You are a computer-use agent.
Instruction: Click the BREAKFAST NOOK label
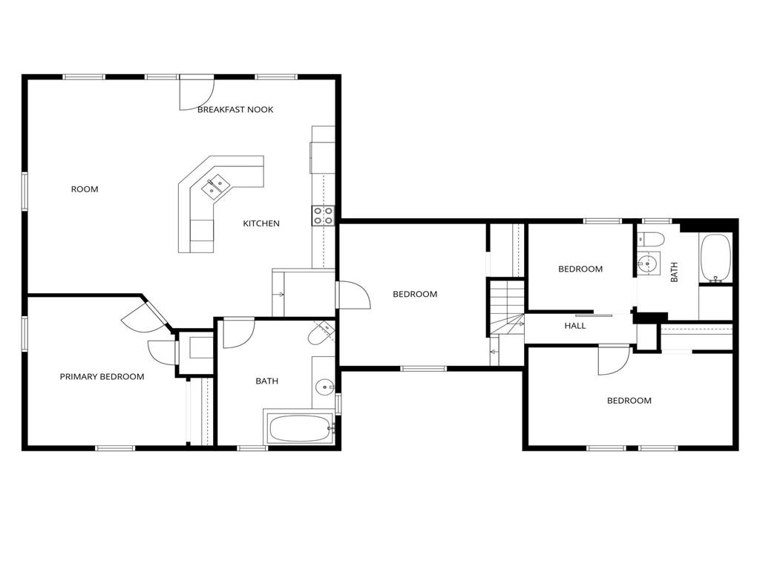[x=235, y=110]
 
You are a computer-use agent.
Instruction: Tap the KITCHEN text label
[x=261, y=223]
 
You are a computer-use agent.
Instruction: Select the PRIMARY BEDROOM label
[x=102, y=376]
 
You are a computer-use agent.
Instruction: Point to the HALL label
[x=575, y=326]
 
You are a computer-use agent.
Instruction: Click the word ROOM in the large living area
[x=85, y=189]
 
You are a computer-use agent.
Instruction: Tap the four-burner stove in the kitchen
[x=323, y=216]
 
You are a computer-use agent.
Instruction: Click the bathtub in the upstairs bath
[x=715, y=258]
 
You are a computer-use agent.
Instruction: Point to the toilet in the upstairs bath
[x=650, y=238]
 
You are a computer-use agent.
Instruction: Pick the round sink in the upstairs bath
[x=647, y=264]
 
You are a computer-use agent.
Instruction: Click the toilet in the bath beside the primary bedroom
[x=321, y=333]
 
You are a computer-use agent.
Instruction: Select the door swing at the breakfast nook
[x=196, y=93]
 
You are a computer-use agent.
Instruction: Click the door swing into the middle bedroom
[x=353, y=295]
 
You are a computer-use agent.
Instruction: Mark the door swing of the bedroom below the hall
[x=614, y=360]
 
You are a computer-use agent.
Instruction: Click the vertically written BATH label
[x=674, y=272]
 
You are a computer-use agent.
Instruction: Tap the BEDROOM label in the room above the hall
[x=580, y=269]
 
